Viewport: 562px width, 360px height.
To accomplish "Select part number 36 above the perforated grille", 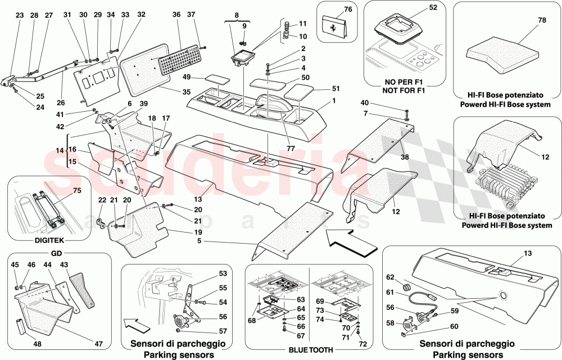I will pos(176,15).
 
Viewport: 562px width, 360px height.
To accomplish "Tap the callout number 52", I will pos(416,9).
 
